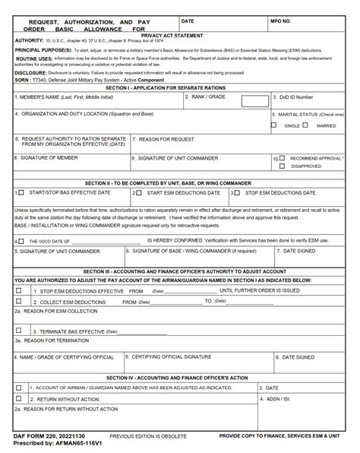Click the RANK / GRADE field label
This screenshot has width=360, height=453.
click(211, 97)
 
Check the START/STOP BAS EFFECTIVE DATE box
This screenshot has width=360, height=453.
click(21, 193)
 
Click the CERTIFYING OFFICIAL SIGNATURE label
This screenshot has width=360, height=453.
click(170, 356)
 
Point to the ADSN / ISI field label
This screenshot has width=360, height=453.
click(280, 398)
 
